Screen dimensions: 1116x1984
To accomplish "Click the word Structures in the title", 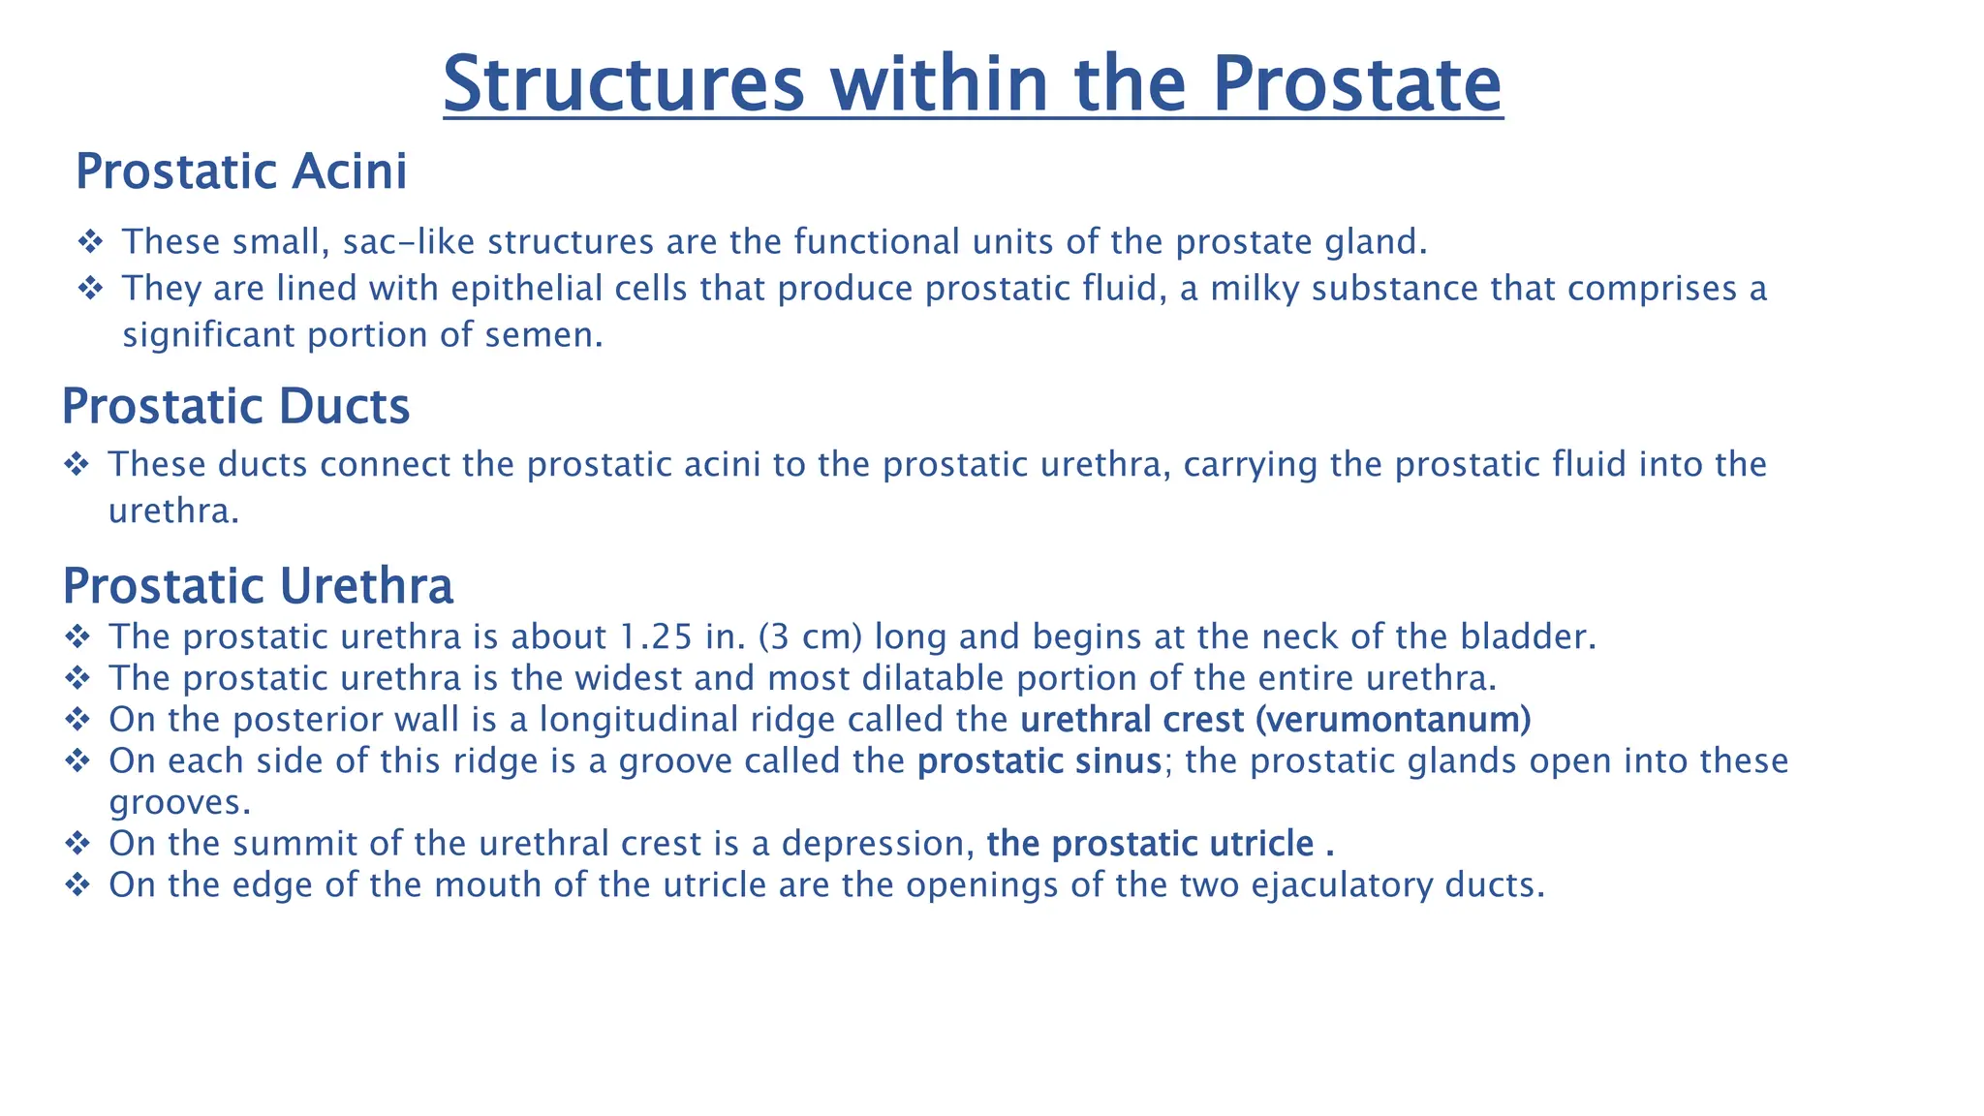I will [x=624, y=84].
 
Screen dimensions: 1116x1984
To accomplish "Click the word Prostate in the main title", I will [x=1356, y=84].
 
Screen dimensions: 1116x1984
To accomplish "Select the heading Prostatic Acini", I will [x=241, y=172].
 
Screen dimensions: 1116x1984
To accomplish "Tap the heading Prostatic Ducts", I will [x=235, y=407].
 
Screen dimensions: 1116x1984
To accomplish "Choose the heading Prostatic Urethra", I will [x=258, y=586].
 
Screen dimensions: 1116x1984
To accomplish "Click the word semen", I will [x=552, y=335].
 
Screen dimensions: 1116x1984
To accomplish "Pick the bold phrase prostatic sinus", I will [x=1038, y=761].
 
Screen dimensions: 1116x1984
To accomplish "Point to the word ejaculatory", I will [x=1342, y=885].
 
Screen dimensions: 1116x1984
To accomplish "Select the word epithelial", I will [x=523, y=289].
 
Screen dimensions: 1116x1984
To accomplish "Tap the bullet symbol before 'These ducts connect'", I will [x=77, y=465].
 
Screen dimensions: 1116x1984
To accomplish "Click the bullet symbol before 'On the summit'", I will [x=77, y=844].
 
